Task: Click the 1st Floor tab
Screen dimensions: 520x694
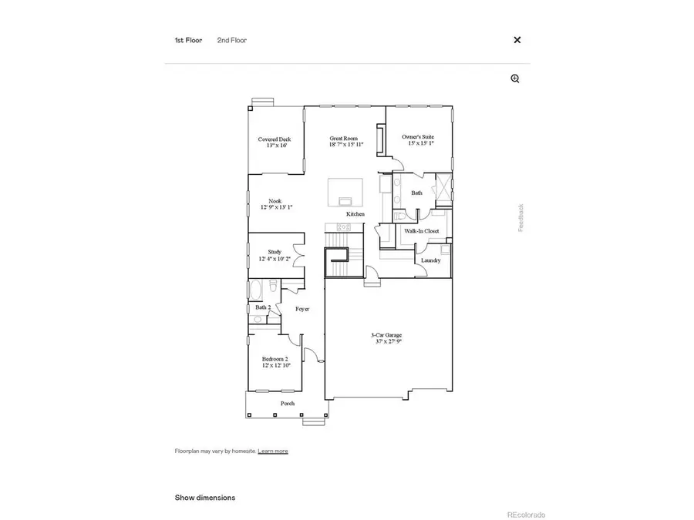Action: tap(188, 40)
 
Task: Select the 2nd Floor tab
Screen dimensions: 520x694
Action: tap(231, 40)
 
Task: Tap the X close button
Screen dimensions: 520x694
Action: tap(517, 40)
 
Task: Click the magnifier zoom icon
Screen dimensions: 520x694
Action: tap(515, 79)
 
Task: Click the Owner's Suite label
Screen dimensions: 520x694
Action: tap(418, 139)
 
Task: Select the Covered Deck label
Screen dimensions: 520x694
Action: tap(275, 142)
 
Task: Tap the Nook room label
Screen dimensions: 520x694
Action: tap(275, 204)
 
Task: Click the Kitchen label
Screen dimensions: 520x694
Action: tap(355, 213)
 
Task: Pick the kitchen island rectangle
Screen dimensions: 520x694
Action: tap(345, 192)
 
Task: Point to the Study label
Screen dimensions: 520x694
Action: tap(275, 255)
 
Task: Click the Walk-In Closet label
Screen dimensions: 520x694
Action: tap(422, 230)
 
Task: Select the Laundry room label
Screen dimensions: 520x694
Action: tap(431, 260)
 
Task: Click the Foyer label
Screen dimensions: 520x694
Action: tap(302, 309)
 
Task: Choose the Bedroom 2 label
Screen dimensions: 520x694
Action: tap(275, 361)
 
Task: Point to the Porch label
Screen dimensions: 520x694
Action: tap(288, 404)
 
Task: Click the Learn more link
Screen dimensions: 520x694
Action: tap(273, 451)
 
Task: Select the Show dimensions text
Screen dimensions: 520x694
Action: tap(205, 498)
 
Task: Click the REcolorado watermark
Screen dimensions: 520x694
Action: tap(526, 514)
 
